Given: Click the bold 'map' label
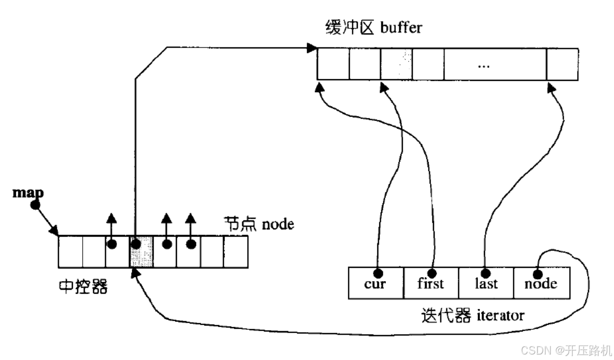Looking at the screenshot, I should point(28,192).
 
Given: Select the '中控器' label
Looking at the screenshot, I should point(83,287).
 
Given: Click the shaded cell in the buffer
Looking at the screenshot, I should point(396,64).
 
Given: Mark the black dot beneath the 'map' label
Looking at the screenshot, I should point(36,204).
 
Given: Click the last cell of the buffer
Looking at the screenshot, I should point(562,64).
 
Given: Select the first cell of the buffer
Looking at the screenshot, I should point(333,64).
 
